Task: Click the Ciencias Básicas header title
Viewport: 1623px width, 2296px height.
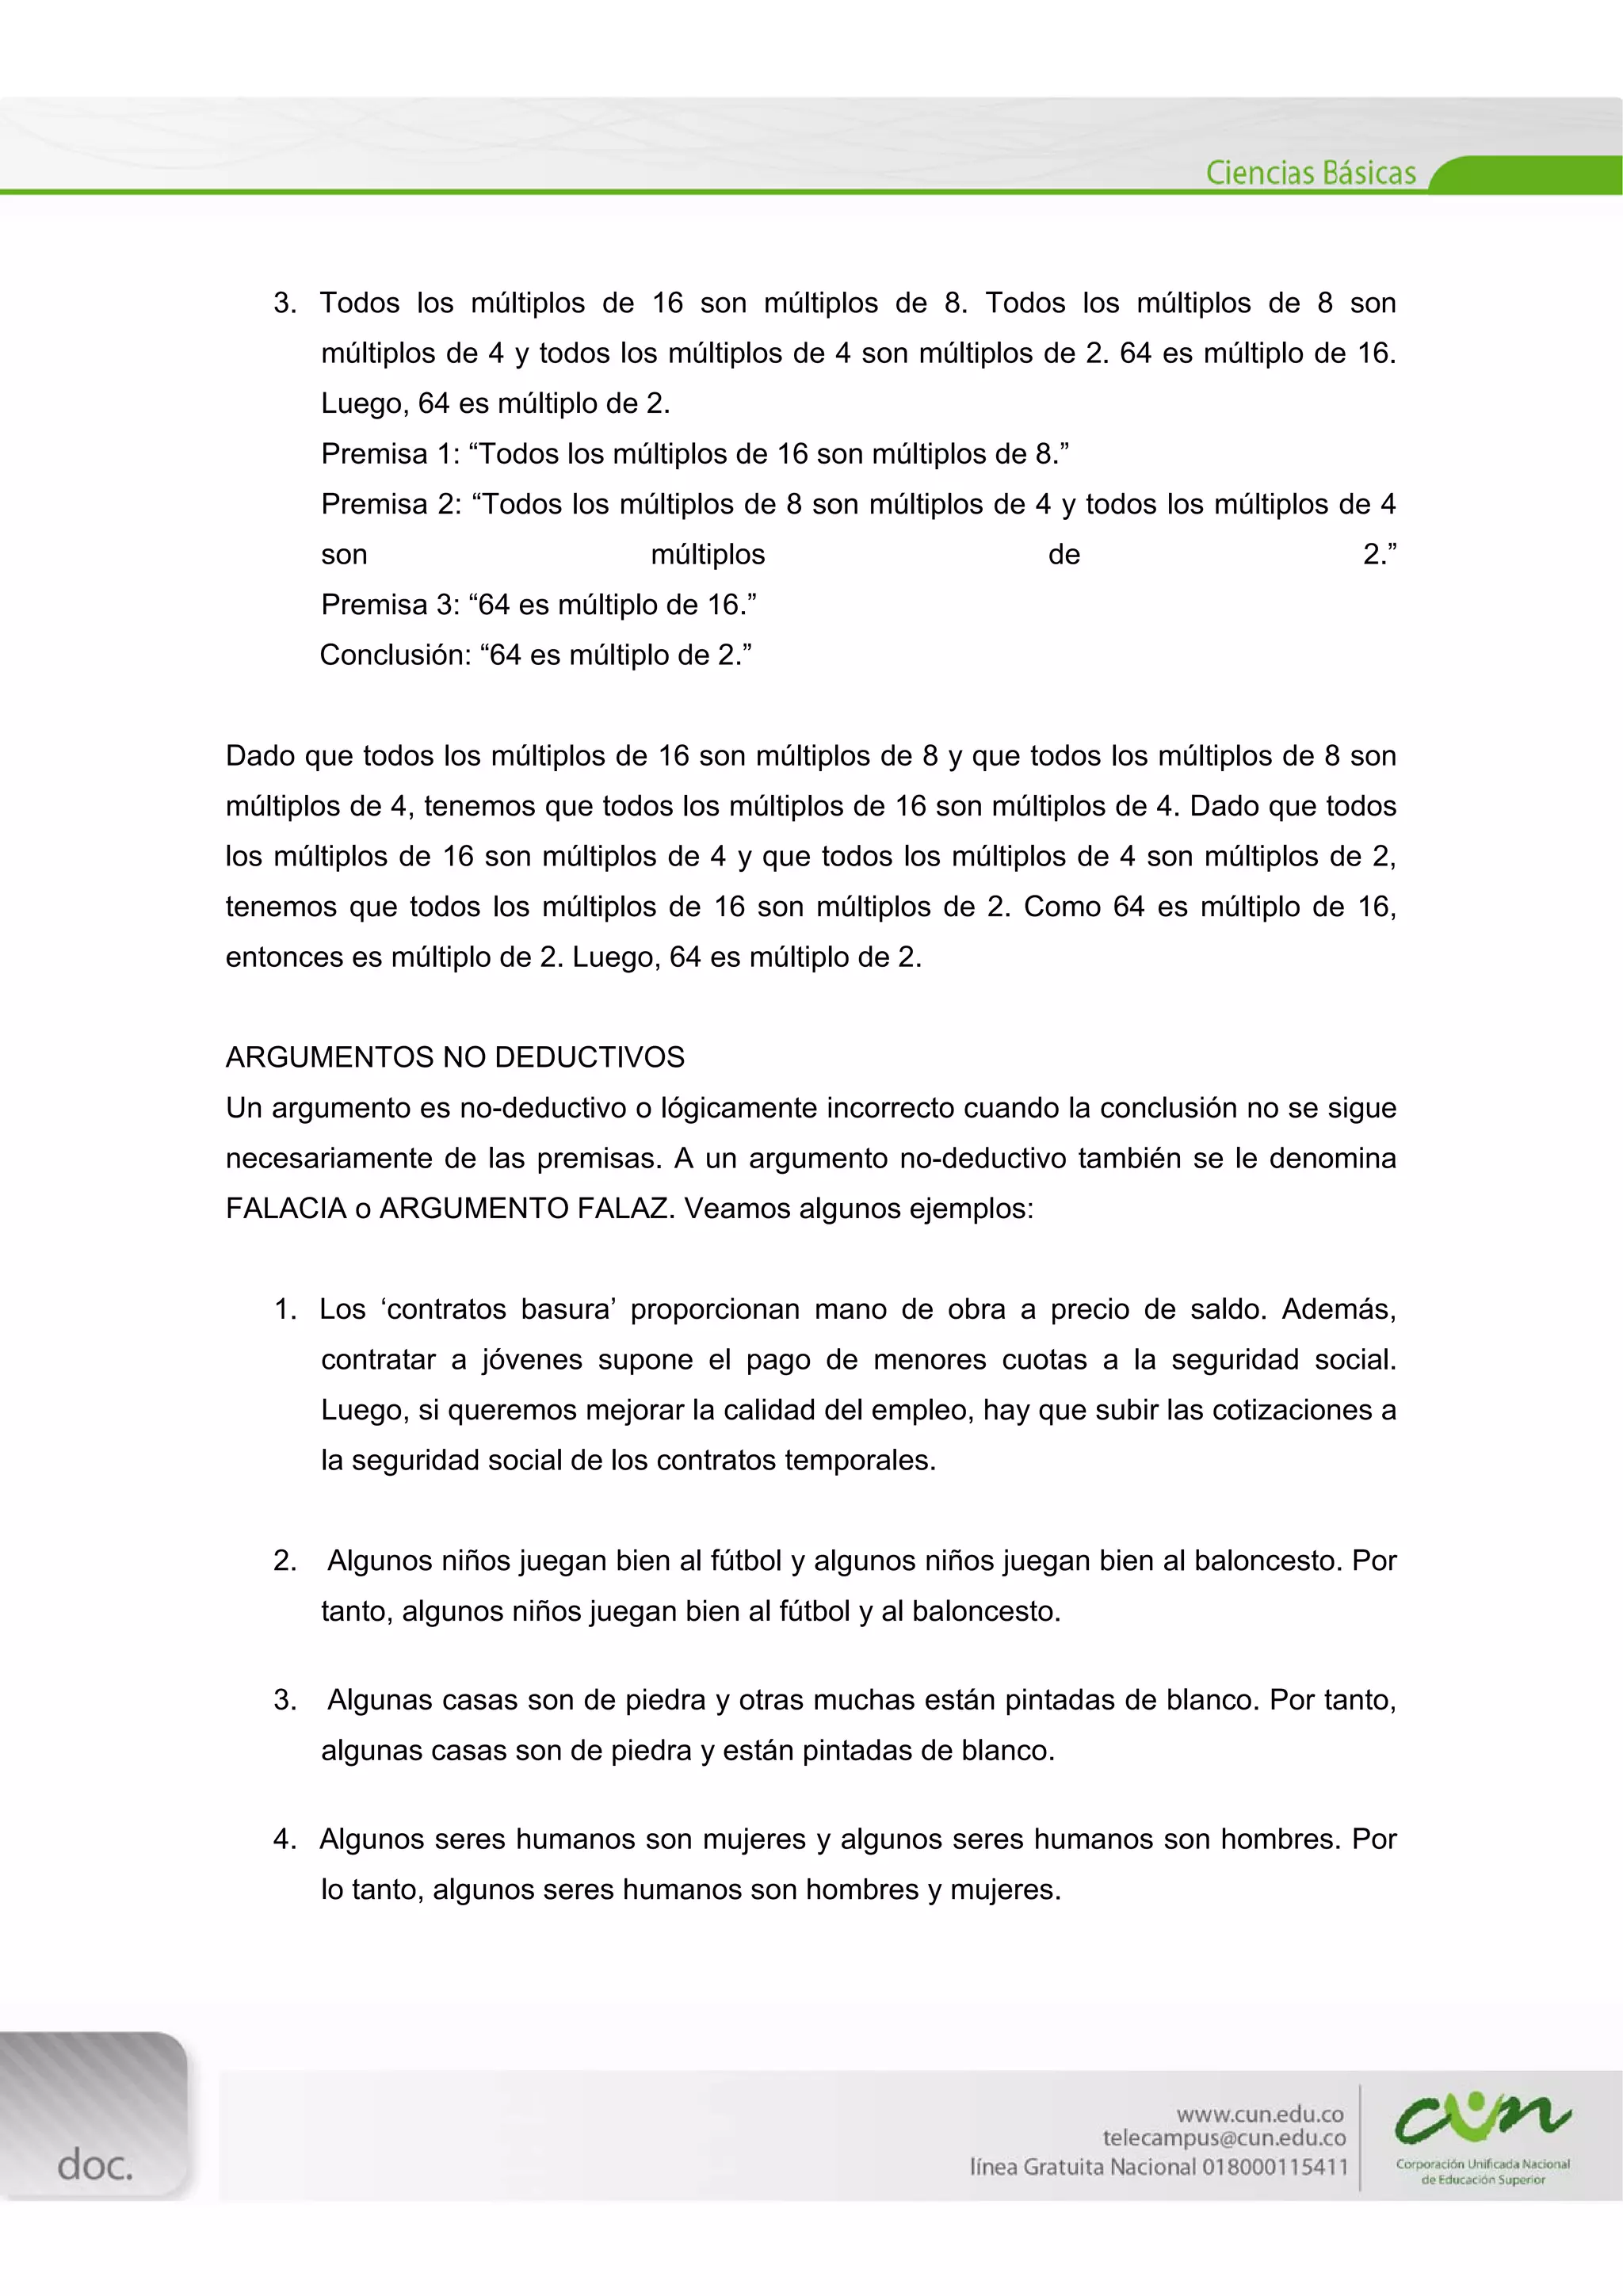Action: pyautogui.click(x=1310, y=173)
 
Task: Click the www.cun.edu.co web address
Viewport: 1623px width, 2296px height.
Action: pyautogui.click(x=1259, y=2114)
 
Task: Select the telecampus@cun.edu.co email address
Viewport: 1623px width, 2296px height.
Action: pyautogui.click(x=1224, y=2138)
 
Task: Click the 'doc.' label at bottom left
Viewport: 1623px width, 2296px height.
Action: pyautogui.click(x=95, y=2165)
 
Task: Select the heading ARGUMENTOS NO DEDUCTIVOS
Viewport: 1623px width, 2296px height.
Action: pyautogui.click(x=455, y=1057)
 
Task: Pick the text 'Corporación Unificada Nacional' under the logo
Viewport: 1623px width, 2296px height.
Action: pyautogui.click(x=1482, y=2164)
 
